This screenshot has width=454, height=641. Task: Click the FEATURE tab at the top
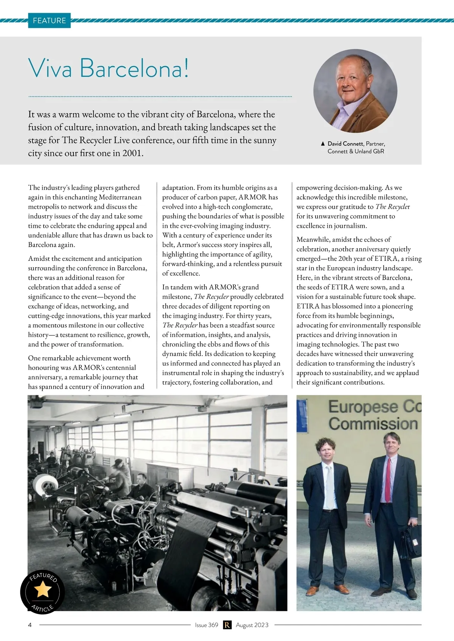[49, 20]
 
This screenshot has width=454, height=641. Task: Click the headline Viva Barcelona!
[108, 68]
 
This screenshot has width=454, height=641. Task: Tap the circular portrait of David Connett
[355, 91]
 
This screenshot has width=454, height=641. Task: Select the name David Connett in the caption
[345, 144]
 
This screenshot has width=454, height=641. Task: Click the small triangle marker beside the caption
[322, 144]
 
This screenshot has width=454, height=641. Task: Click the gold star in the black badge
[42, 589]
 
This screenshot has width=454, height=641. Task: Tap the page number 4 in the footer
[30, 625]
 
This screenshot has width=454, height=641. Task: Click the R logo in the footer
[227, 625]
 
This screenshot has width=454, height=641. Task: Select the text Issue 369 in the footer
[207, 625]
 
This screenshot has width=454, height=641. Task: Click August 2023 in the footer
[252, 625]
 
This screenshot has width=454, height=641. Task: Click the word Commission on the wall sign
[373, 424]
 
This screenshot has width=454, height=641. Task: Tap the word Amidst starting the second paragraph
[39, 259]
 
